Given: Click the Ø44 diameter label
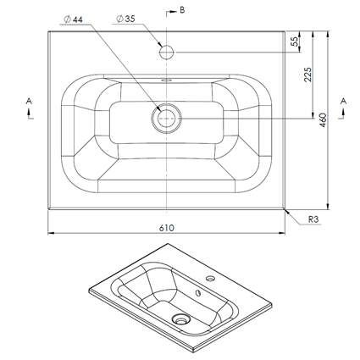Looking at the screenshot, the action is (x=73, y=19).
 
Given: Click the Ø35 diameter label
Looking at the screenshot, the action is (x=125, y=19).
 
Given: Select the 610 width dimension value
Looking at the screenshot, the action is (x=167, y=228).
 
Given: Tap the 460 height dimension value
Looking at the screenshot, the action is (x=323, y=120).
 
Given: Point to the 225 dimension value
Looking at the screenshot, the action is (x=307, y=75).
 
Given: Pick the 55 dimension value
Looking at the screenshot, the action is (x=295, y=42).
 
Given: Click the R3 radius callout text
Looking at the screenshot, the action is (x=313, y=219).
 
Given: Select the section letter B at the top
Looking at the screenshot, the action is (x=182, y=10).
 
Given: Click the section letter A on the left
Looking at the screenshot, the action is (x=29, y=101).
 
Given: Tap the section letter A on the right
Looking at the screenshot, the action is (x=343, y=101).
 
